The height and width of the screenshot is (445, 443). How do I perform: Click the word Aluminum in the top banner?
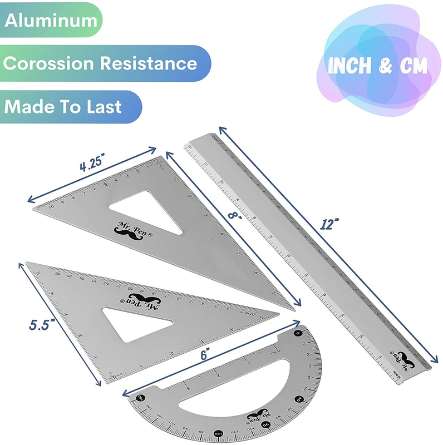[x=51, y=21]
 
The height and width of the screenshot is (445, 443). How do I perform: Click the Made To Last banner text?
[x=63, y=106]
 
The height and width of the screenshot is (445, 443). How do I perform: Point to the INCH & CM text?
[x=378, y=66]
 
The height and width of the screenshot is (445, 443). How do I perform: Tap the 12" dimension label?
[x=330, y=224]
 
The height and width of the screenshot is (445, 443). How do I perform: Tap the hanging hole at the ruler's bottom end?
[x=399, y=379]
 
